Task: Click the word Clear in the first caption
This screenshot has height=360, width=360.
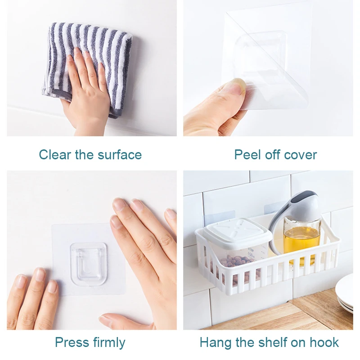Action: click(54, 155)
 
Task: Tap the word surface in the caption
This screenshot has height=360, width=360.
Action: click(120, 155)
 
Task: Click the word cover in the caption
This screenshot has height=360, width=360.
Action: click(300, 155)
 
